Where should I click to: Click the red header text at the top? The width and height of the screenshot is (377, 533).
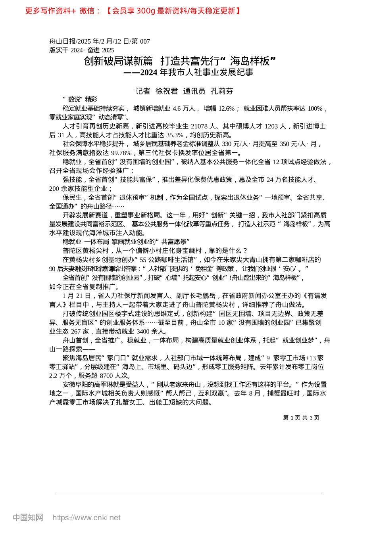tap(133, 11)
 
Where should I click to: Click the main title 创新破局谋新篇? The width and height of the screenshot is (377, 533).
tap(118, 61)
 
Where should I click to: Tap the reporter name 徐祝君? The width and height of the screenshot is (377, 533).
tap(167, 91)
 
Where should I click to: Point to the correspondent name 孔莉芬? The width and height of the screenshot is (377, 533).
tap(222, 91)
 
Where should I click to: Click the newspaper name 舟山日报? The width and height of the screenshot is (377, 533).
tap(62, 41)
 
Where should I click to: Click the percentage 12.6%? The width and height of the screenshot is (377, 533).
tap(227, 108)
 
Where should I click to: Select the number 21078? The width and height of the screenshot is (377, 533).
tap(199, 126)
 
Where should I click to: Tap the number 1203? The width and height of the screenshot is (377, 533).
tap(271, 126)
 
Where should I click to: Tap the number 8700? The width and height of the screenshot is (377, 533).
tap(106, 376)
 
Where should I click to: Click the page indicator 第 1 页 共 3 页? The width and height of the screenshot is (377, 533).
tap(301, 418)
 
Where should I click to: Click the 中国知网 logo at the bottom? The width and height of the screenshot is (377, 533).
tap(28, 518)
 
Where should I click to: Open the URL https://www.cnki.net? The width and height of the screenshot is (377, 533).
tap(87, 518)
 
